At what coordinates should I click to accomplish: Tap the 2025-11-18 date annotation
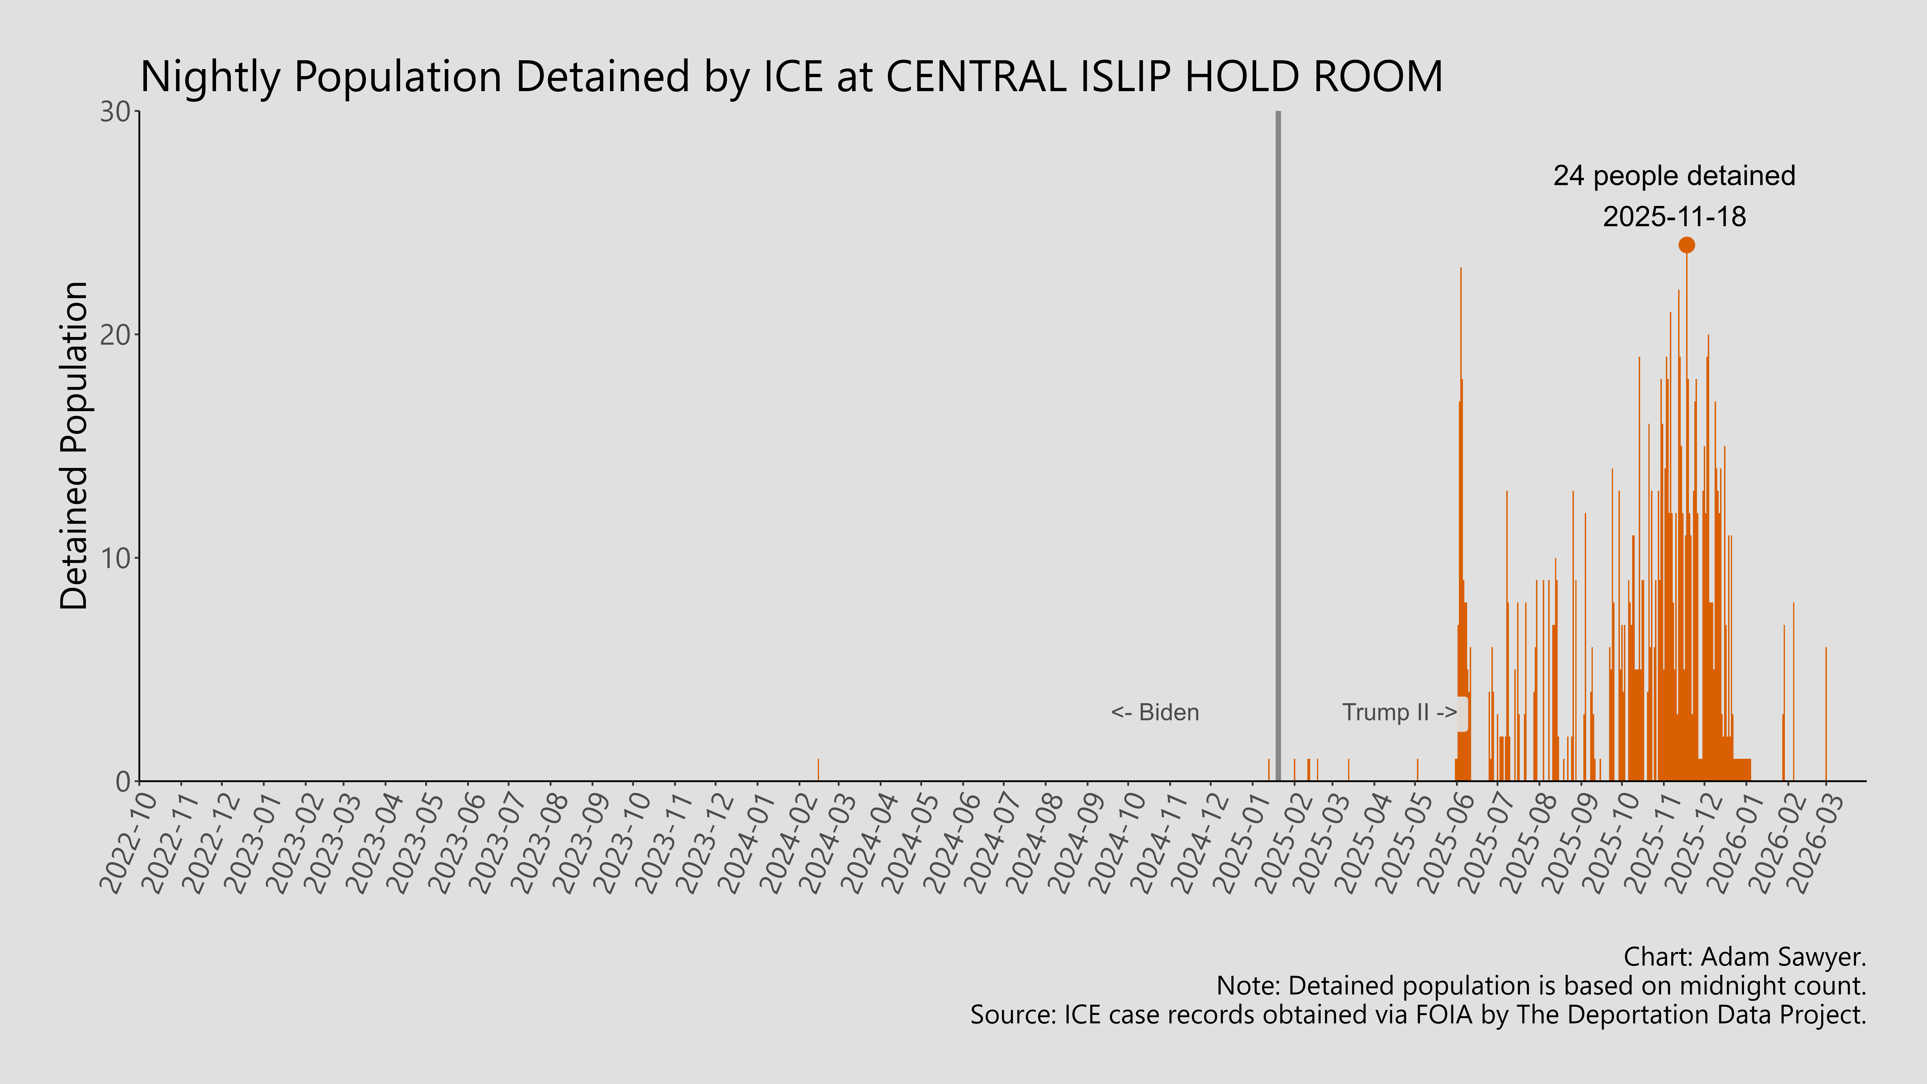point(1674,217)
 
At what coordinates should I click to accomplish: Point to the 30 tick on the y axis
point(116,112)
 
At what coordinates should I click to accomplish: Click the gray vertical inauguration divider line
point(1278,449)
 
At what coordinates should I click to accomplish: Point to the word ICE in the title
point(793,77)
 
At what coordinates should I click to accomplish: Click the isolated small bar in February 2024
point(818,771)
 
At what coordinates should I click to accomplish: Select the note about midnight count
point(1541,986)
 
